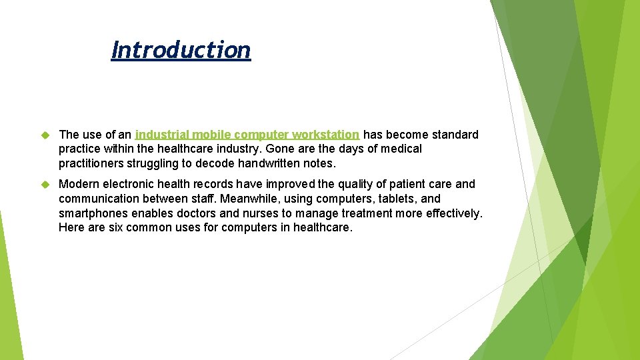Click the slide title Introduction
coord(181,50)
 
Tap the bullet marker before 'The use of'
coord(46,135)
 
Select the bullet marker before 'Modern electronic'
coord(46,184)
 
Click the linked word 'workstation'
coord(325,135)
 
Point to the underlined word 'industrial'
coord(162,135)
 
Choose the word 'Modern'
coord(80,184)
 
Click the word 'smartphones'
coord(95,213)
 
